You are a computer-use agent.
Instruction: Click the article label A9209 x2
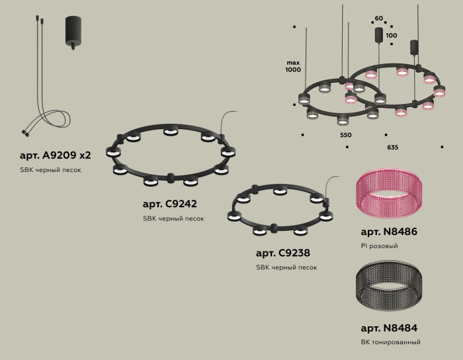[56, 156]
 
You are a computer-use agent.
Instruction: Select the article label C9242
[169, 204]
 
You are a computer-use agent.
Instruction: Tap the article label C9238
[282, 253]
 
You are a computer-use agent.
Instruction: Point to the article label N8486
[389, 232]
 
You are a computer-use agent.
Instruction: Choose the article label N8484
[389, 328]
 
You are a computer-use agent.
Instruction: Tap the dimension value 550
[345, 135]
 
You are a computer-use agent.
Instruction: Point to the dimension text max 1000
[293, 66]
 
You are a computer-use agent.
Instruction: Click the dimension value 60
[378, 19]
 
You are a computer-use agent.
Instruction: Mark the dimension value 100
[392, 35]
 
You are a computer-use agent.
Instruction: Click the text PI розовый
[379, 246]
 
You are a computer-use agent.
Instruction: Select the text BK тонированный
[390, 342]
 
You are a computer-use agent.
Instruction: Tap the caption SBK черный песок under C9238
[286, 267]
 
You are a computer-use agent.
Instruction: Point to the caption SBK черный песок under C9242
[173, 218]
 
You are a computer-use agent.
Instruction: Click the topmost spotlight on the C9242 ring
[169, 130]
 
